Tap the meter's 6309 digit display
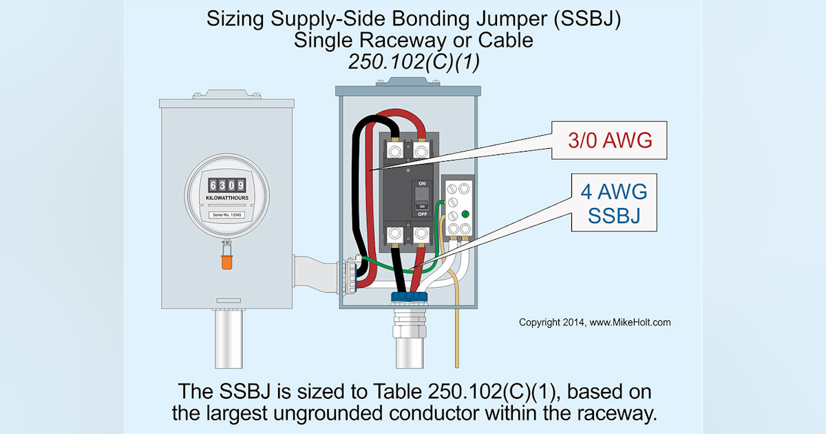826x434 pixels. click(x=226, y=185)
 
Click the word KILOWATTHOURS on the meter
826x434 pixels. click(x=226, y=198)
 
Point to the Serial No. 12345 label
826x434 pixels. click(x=226, y=216)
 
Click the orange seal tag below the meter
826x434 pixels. click(x=226, y=262)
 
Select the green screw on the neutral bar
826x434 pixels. click(x=465, y=214)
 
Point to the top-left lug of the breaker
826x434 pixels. click(x=395, y=150)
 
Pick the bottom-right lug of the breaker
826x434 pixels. click(x=421, y=235)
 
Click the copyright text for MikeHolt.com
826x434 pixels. click(x=594, y=322)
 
